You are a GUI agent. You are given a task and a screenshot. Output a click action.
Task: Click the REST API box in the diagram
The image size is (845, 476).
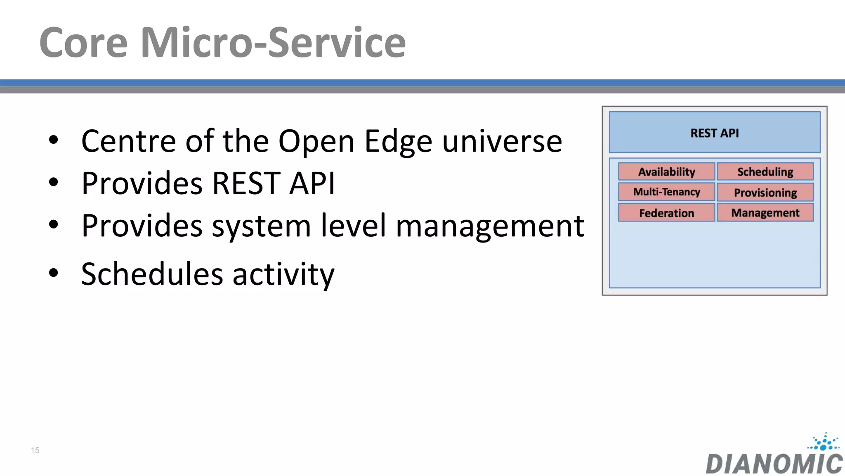[x=715, y=133]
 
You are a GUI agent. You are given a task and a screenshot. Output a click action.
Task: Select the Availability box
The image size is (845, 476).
[x=666, y=171]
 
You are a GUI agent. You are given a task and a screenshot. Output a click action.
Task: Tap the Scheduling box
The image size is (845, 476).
[x=765, y=171]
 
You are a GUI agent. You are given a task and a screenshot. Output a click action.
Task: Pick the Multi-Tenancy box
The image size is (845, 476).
[x=666, y=192]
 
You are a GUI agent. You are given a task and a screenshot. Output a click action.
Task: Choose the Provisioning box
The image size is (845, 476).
[x=765, y=193]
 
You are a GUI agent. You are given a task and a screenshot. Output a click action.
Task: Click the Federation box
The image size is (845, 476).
[x=666, y=213]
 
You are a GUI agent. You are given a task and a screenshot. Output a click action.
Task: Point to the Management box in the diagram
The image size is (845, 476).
[x=765, y=213]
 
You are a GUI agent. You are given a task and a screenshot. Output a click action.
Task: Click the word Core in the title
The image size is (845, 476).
[x=83, y=43]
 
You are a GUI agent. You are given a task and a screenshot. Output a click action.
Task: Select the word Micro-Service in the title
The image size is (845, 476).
[x=273, y=43]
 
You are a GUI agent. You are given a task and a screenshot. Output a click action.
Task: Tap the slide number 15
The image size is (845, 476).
[x=35, y=450]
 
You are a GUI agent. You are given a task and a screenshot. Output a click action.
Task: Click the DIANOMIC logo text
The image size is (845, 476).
[x=774, y=464]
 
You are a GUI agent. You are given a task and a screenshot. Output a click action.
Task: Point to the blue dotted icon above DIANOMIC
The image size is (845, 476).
[x=824, y=442]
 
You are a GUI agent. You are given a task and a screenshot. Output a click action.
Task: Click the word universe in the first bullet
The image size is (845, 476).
[x=502, y=141]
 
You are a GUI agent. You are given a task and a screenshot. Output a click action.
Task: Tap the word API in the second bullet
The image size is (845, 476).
[x=312, y=183]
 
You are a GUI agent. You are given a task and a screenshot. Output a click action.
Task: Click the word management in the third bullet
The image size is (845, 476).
[x=490, y=226]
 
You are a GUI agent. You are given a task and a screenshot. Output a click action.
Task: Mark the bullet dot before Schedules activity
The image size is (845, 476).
[x=53, y=273]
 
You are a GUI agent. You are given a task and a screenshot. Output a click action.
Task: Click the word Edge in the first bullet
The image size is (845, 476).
[x=398, y=141]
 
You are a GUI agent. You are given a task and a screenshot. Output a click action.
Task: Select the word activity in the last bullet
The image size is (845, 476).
[x=283, y=275]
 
